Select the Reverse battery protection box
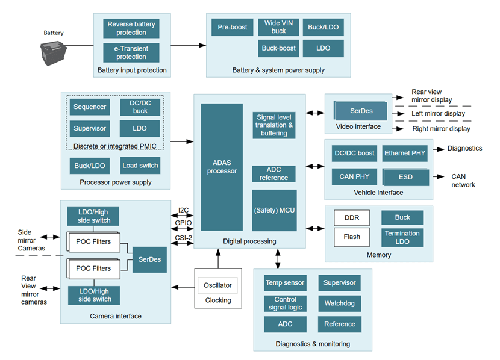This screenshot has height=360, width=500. point(131,28)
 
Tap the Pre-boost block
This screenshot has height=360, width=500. point(232,27)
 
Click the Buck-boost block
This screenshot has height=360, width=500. point(278,48)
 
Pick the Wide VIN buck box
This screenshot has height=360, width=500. point(278,27)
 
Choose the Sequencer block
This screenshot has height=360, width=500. point(90,107)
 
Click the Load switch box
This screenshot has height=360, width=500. point(140,166)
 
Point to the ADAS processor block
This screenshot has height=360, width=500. point(221,167)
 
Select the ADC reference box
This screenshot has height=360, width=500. point(273,174)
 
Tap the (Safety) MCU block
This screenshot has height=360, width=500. point(273,210)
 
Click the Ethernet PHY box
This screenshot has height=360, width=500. point(405,153)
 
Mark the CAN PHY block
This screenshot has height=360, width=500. point(354,176)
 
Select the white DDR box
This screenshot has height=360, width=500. point(352,217)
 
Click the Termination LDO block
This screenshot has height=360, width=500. point(402,237)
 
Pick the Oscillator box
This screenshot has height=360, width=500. point(217,285)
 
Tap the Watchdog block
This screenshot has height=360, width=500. point(340,303)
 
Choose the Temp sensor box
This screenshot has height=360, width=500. point(285,282)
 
